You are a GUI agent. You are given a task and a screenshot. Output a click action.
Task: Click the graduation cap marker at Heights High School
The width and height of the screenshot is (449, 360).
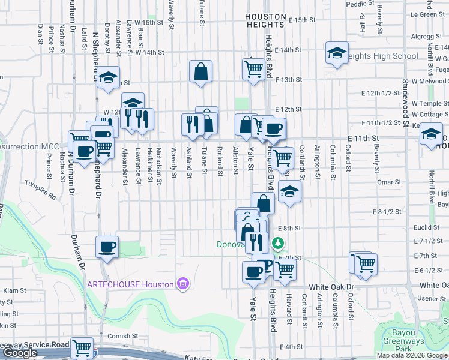(337, 53)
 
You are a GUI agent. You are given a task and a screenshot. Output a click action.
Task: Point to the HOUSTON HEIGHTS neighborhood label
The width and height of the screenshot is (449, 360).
(265, 21)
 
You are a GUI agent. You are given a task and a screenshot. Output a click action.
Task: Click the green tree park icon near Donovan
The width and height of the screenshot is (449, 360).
(277, 243)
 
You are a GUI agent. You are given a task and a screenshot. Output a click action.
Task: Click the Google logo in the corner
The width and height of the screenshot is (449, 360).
(20, 353)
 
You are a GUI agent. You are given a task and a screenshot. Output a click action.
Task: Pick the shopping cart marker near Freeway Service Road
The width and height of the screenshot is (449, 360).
(82, 347)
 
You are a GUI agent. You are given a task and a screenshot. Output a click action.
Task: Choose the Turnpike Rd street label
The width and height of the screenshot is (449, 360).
(40, 188)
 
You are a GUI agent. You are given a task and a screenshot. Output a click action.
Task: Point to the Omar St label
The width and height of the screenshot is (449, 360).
(388, 182)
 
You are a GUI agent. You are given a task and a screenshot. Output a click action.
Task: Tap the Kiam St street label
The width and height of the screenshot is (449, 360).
(11, 290)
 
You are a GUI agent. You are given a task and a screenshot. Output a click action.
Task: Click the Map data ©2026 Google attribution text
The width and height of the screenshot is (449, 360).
(412, 355)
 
